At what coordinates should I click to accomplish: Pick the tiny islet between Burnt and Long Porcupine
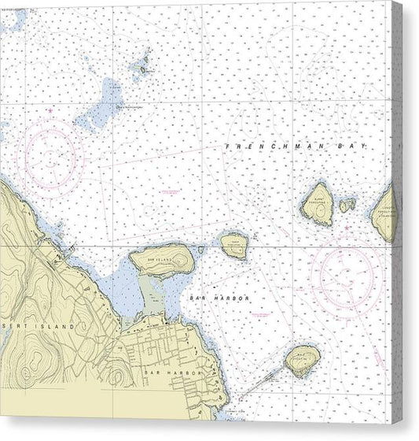[x=347, y=206]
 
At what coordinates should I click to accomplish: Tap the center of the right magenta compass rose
[x=346, y=273]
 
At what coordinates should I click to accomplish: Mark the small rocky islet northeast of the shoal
[x=143, y=68]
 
